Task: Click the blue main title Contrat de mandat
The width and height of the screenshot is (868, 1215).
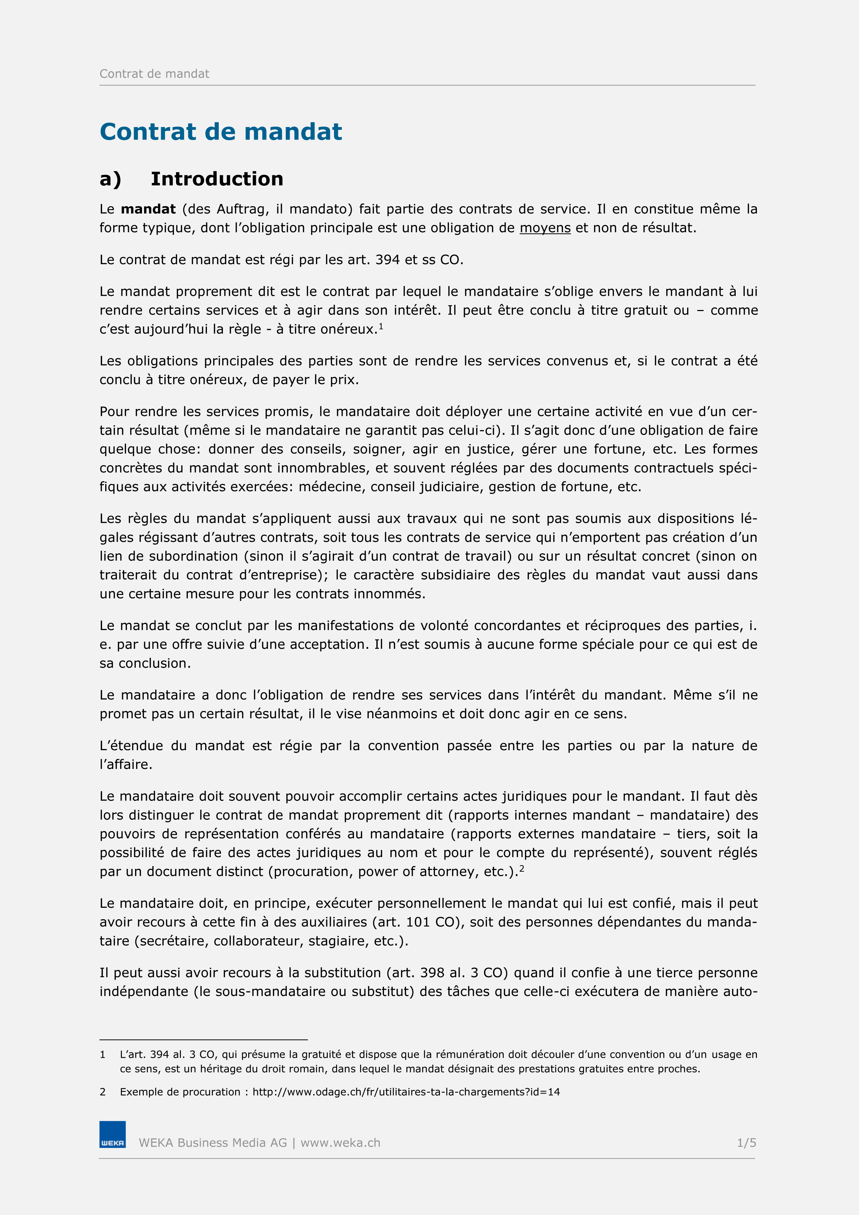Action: point(221,132)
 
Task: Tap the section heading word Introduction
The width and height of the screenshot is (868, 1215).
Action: point(217,179)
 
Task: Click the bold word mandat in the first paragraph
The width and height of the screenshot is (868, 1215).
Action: point(148,209)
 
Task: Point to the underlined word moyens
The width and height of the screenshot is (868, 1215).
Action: point(545,228)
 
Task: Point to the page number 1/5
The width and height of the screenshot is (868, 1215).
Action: point(746,1142)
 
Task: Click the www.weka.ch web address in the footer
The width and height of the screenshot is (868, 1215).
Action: point(341,1142)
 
